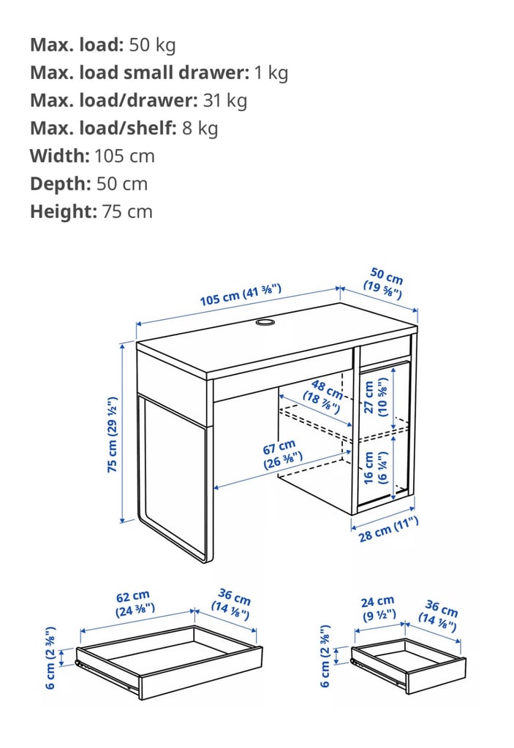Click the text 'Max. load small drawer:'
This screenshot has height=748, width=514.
click(x=139, y=72)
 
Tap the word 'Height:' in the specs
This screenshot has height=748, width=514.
click(x=63, y=212)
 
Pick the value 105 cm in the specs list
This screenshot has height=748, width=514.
click(x=124, y=156)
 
